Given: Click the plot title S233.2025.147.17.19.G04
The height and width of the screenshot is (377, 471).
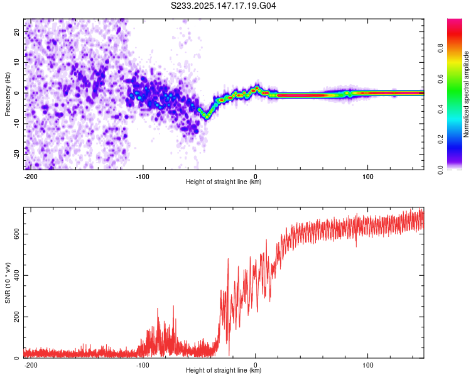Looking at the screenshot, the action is point(223,6).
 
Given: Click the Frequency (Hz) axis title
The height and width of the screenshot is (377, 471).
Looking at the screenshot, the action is point(8,94).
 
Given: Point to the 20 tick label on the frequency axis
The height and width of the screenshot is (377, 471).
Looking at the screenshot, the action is point(17,31).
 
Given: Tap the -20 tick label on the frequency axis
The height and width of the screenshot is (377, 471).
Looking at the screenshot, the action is point(17,155).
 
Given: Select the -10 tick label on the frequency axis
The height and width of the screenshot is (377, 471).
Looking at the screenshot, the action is point(17,124).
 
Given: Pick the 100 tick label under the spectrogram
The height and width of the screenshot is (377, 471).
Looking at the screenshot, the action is point(367,177).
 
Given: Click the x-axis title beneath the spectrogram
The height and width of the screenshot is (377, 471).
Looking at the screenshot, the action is point(224,182).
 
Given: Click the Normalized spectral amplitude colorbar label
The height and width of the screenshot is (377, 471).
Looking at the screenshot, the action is point(466,94).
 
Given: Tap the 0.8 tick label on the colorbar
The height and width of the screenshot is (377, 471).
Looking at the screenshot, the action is point(440,48).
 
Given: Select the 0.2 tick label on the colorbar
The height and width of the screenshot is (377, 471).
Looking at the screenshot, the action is point(440,139).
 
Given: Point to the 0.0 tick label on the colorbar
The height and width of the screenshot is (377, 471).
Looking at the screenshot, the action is point(440,170).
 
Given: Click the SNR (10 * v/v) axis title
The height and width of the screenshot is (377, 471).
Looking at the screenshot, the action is point(8,283).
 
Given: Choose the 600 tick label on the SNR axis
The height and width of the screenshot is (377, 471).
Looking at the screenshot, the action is point(17,234).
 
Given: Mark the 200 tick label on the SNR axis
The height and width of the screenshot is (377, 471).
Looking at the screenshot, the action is point(17,317).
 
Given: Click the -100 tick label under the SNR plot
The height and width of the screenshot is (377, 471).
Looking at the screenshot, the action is point(143,365).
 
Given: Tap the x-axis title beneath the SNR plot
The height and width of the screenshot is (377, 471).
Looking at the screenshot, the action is point(224,370).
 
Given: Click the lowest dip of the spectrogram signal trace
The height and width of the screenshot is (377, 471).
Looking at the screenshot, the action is point(207,117).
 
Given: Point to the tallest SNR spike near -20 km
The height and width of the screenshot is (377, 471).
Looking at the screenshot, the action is point(228,259).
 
